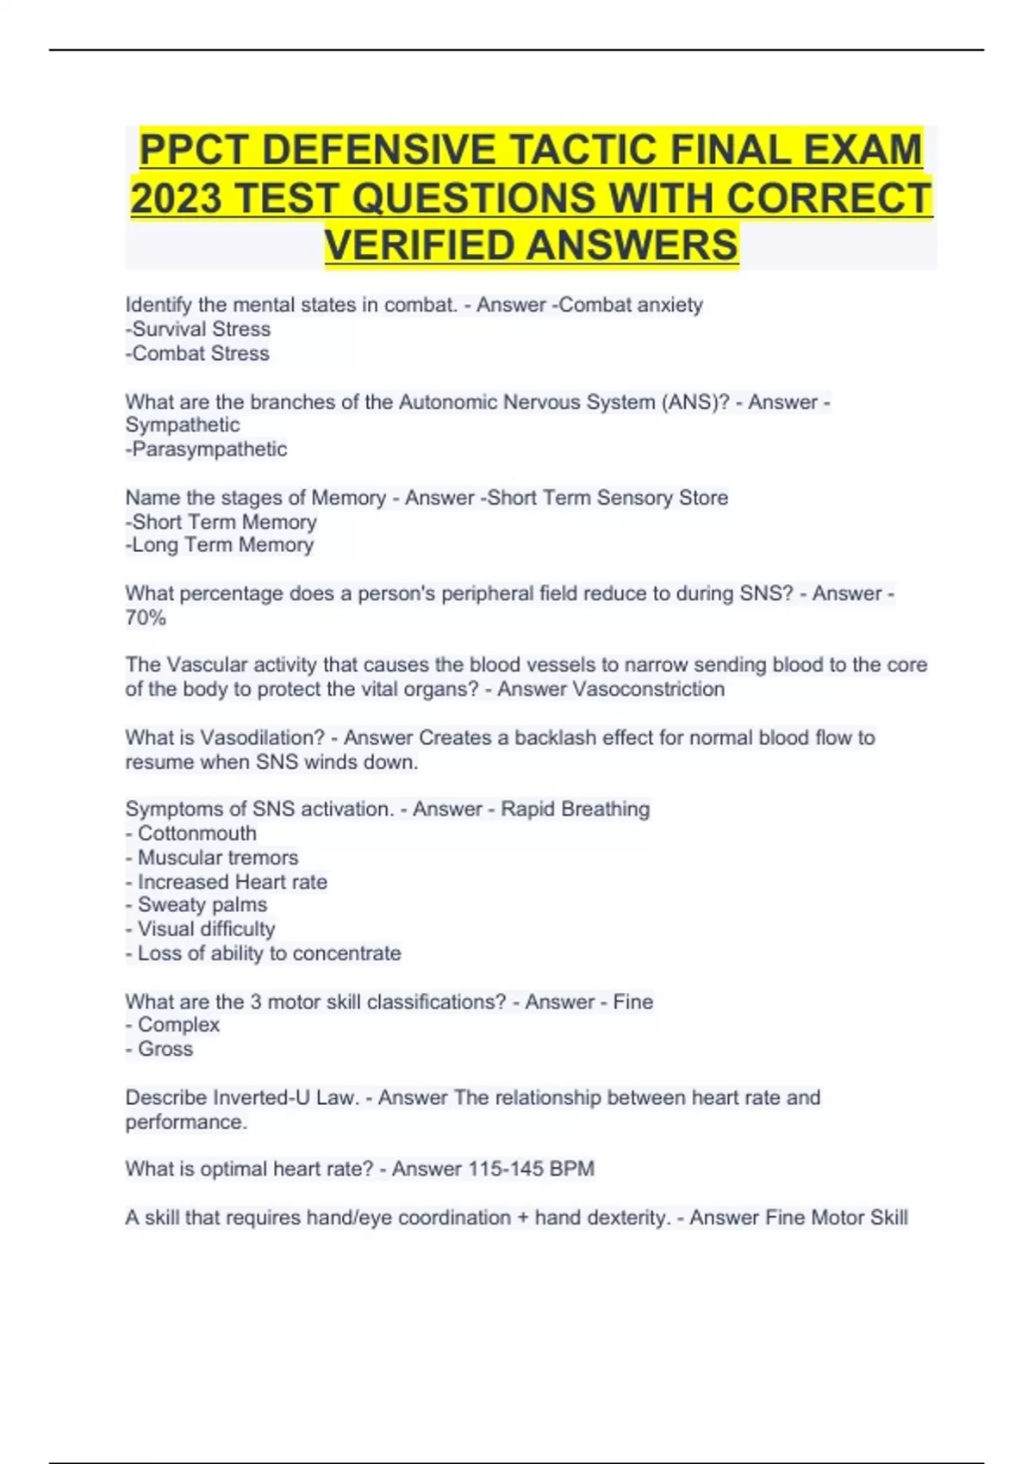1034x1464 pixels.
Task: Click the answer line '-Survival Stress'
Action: point(198,329)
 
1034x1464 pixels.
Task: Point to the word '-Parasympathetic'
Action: point(206,449)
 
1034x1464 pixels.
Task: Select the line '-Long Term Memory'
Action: point(220,545)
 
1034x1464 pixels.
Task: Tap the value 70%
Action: point(146,617)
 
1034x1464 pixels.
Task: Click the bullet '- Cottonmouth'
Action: point(191,834)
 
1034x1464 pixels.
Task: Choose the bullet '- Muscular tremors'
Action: point(212,858)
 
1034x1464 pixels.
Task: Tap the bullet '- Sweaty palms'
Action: point(196,905)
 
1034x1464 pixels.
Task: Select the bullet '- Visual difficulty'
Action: point(201,929)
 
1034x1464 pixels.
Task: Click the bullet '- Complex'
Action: point(172,1025)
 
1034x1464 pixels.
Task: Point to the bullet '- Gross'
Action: point(159,1049)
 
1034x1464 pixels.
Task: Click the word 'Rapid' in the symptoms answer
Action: point(527,810)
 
